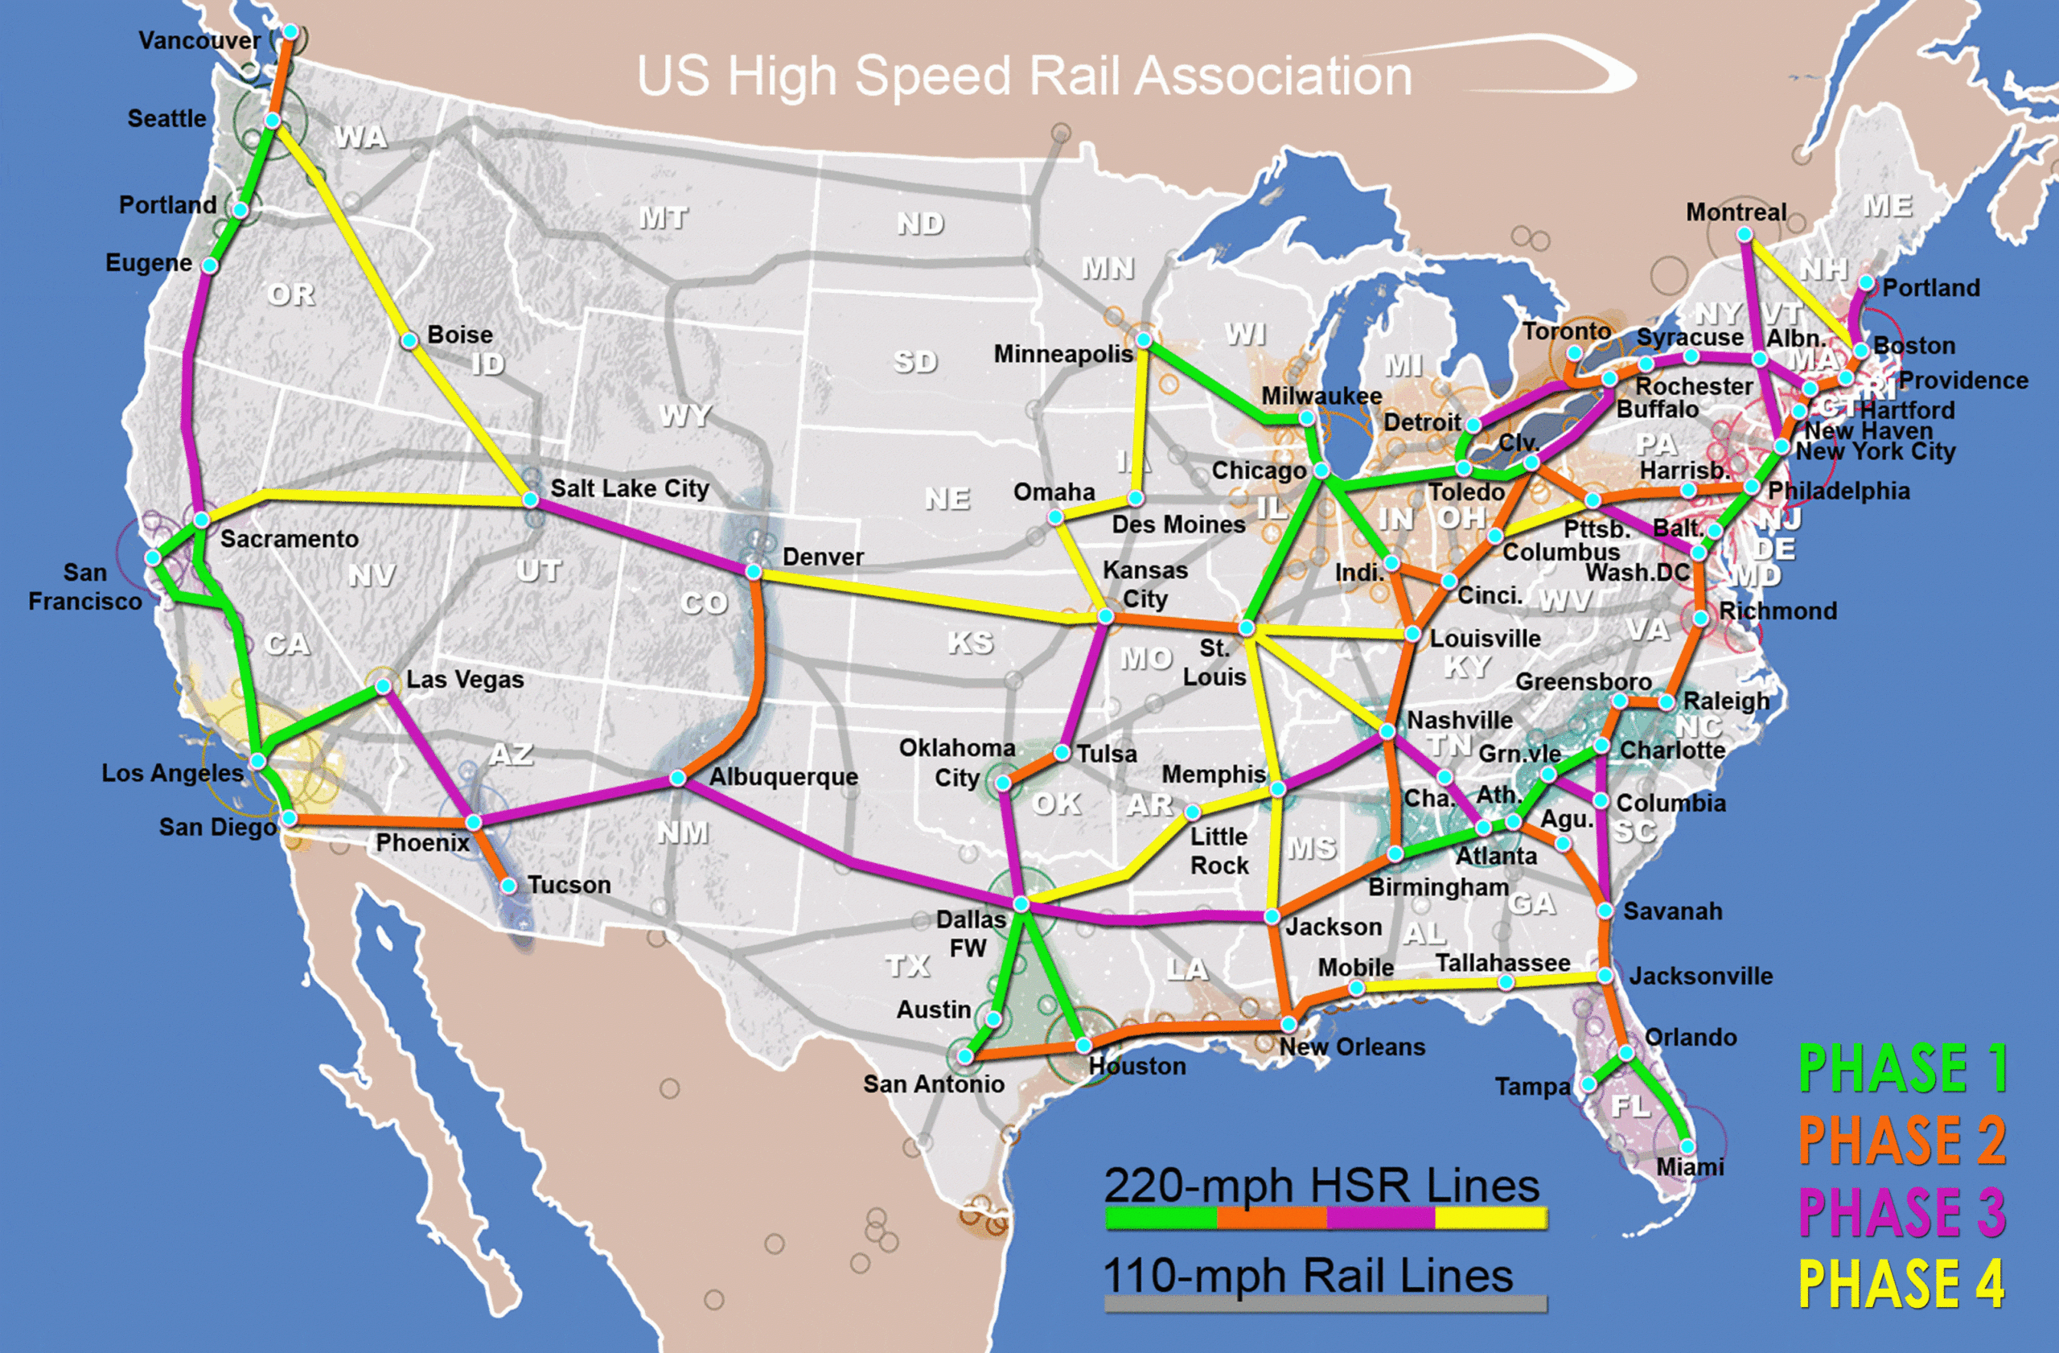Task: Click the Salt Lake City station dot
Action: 530,500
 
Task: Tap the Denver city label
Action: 823,557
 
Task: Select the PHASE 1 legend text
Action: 1902,1068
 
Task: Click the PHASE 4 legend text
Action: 1901,1284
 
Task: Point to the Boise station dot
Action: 409,341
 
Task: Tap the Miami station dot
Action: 1687,1147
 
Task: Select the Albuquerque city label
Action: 784,777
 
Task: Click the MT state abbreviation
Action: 664,218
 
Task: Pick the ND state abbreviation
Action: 919,224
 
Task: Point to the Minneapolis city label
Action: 1062,354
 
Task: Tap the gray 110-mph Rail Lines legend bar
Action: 1325,1304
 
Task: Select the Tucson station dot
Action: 508,885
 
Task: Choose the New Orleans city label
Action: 1352,1047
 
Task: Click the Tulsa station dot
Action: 1062,753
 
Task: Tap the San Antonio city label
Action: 934,1084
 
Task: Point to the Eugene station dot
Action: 209,265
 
